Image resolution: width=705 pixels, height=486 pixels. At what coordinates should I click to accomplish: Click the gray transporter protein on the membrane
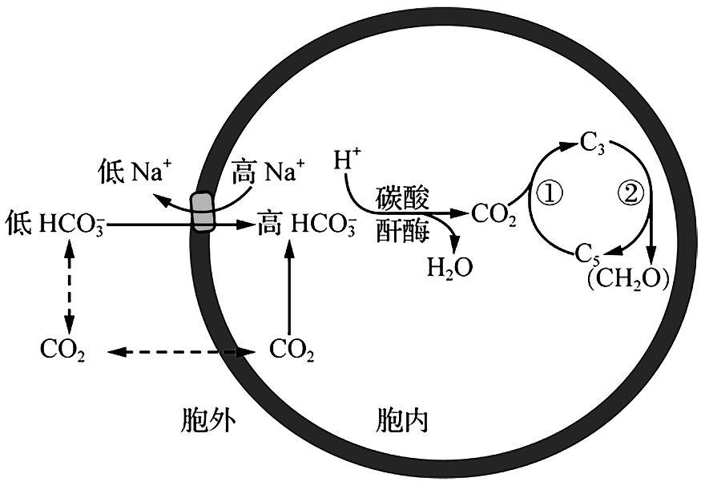point(203,212)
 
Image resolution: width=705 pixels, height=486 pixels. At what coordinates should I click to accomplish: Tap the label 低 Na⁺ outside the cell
point(135,172)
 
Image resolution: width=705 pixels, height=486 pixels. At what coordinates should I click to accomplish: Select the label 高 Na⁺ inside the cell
point(268,172)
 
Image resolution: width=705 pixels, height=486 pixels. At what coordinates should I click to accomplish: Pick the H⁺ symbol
point(347,159)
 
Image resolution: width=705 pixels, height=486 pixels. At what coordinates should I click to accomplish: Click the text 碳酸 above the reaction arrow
point(403,198)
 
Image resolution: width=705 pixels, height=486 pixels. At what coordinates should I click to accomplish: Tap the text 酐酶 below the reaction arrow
point(403,230)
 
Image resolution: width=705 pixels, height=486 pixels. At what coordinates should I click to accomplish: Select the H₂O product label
point(449,268)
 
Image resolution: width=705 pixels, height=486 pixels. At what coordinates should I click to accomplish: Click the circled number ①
point(550,194)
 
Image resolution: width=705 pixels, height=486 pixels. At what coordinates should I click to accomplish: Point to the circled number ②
point(630,194)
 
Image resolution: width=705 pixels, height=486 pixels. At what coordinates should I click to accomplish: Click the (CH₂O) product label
point(627,280)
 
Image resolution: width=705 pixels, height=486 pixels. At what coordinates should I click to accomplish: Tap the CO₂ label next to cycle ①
point(493,215)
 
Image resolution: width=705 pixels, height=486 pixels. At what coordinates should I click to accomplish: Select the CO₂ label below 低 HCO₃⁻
point(62,350)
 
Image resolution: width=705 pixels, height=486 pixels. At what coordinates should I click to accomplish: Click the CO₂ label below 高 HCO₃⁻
point(292,350)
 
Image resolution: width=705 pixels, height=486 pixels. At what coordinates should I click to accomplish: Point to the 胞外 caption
point(207,421)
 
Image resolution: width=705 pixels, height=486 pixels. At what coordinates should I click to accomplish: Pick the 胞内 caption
point(402,421)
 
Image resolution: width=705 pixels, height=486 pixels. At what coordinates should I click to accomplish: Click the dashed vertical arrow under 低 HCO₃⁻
point(69,286)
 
